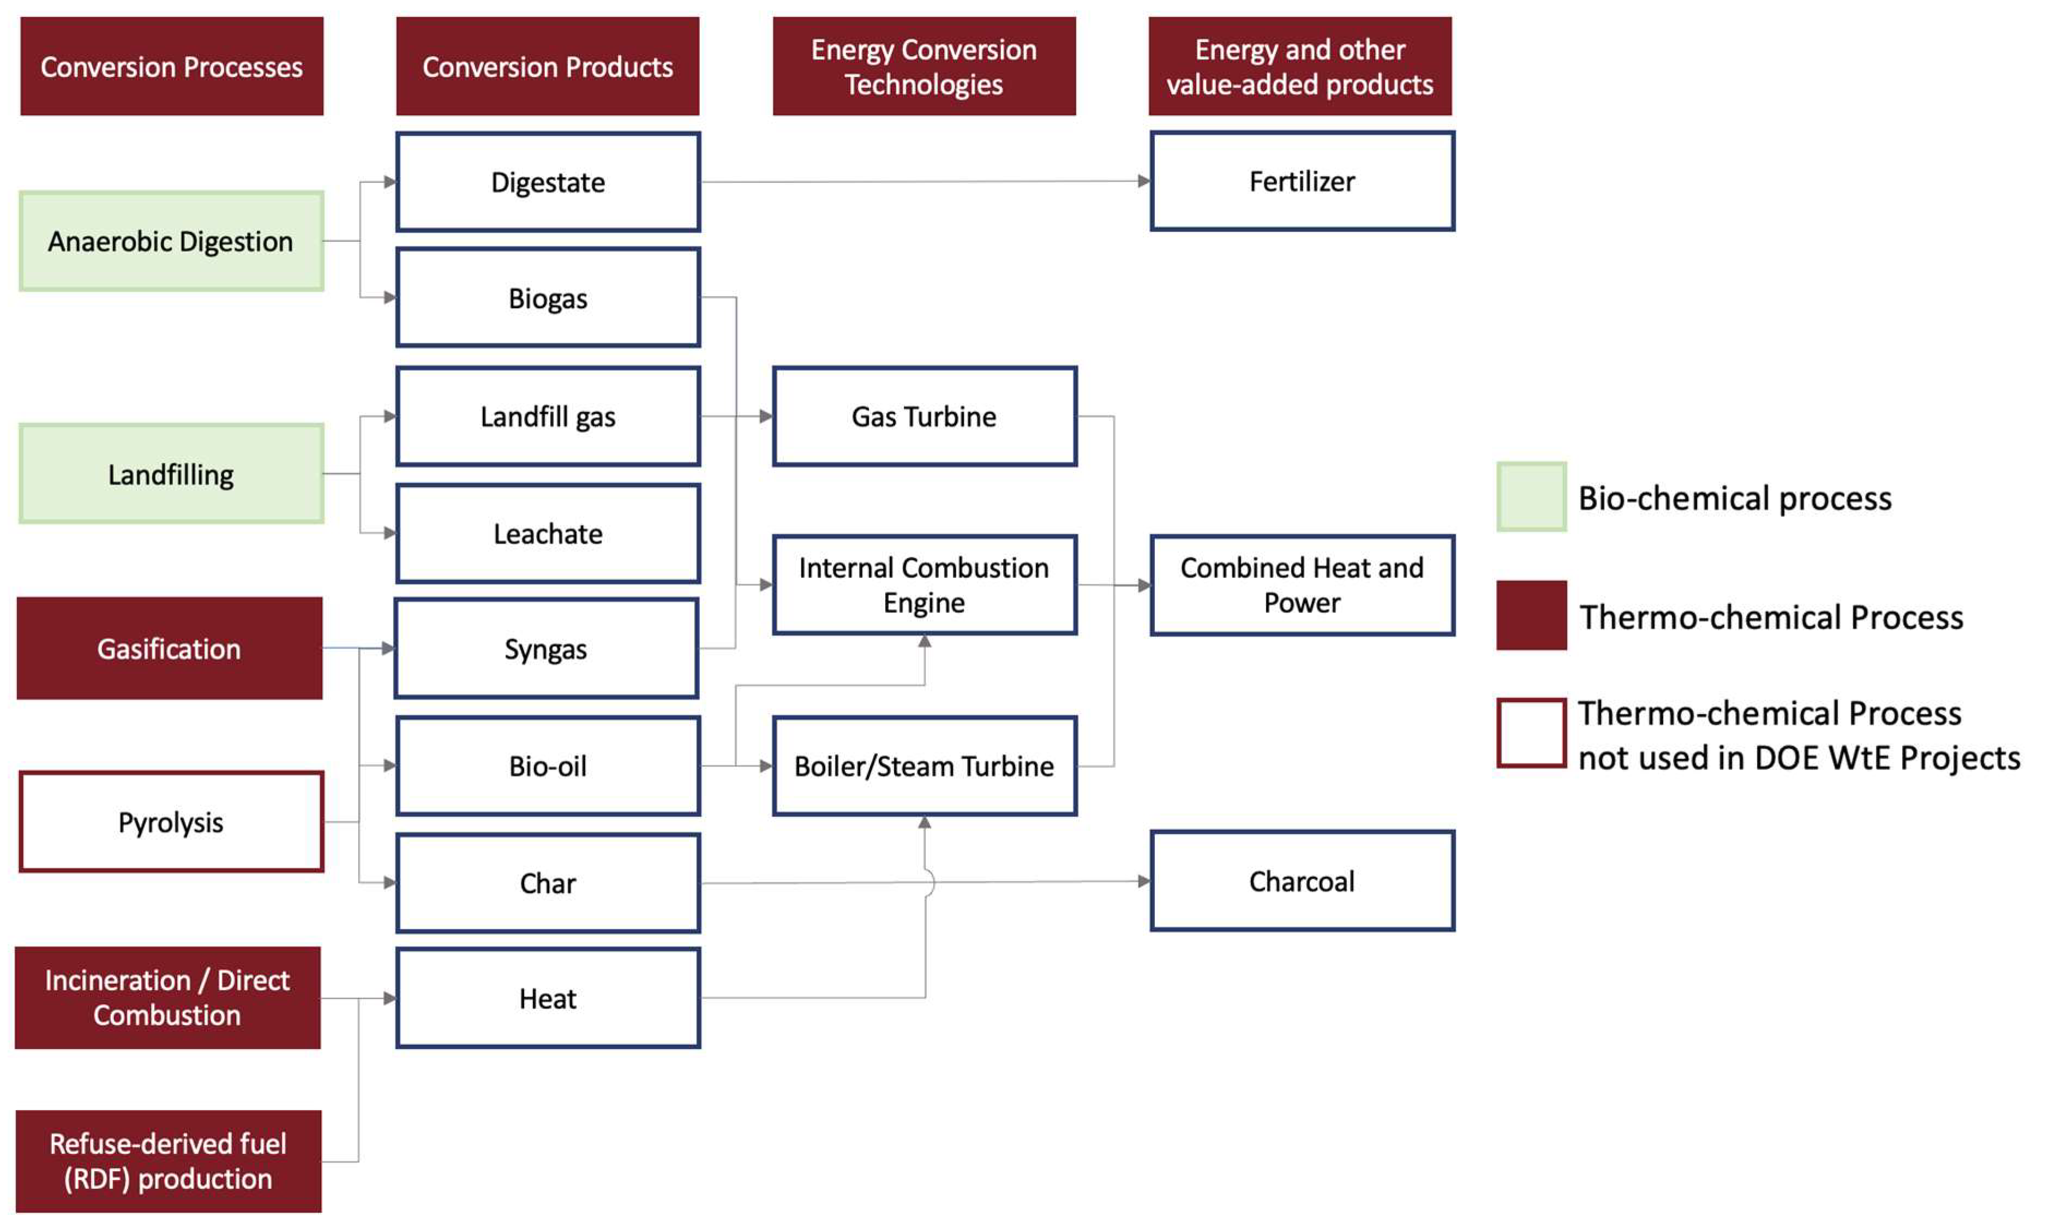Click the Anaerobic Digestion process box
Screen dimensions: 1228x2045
coord(171,241)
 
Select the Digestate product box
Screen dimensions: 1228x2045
coord(548,181)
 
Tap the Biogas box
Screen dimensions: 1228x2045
coord(548,297)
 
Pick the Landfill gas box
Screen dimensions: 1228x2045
coord(548,416)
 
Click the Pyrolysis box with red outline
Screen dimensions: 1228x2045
coord(171,822)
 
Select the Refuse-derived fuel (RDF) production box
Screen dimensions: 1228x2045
coord(168,1160)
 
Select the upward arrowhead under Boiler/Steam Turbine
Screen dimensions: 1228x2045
coord(925,822)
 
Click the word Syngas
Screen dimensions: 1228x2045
coord(545,649)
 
